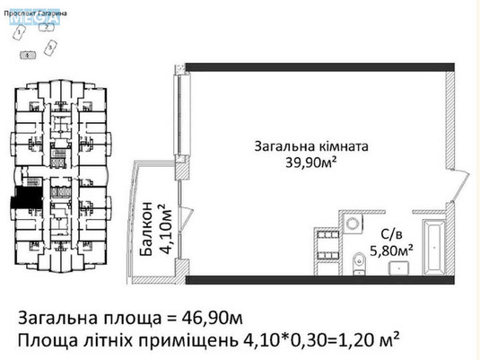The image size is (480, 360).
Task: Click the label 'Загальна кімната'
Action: click(x=310, y=145)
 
